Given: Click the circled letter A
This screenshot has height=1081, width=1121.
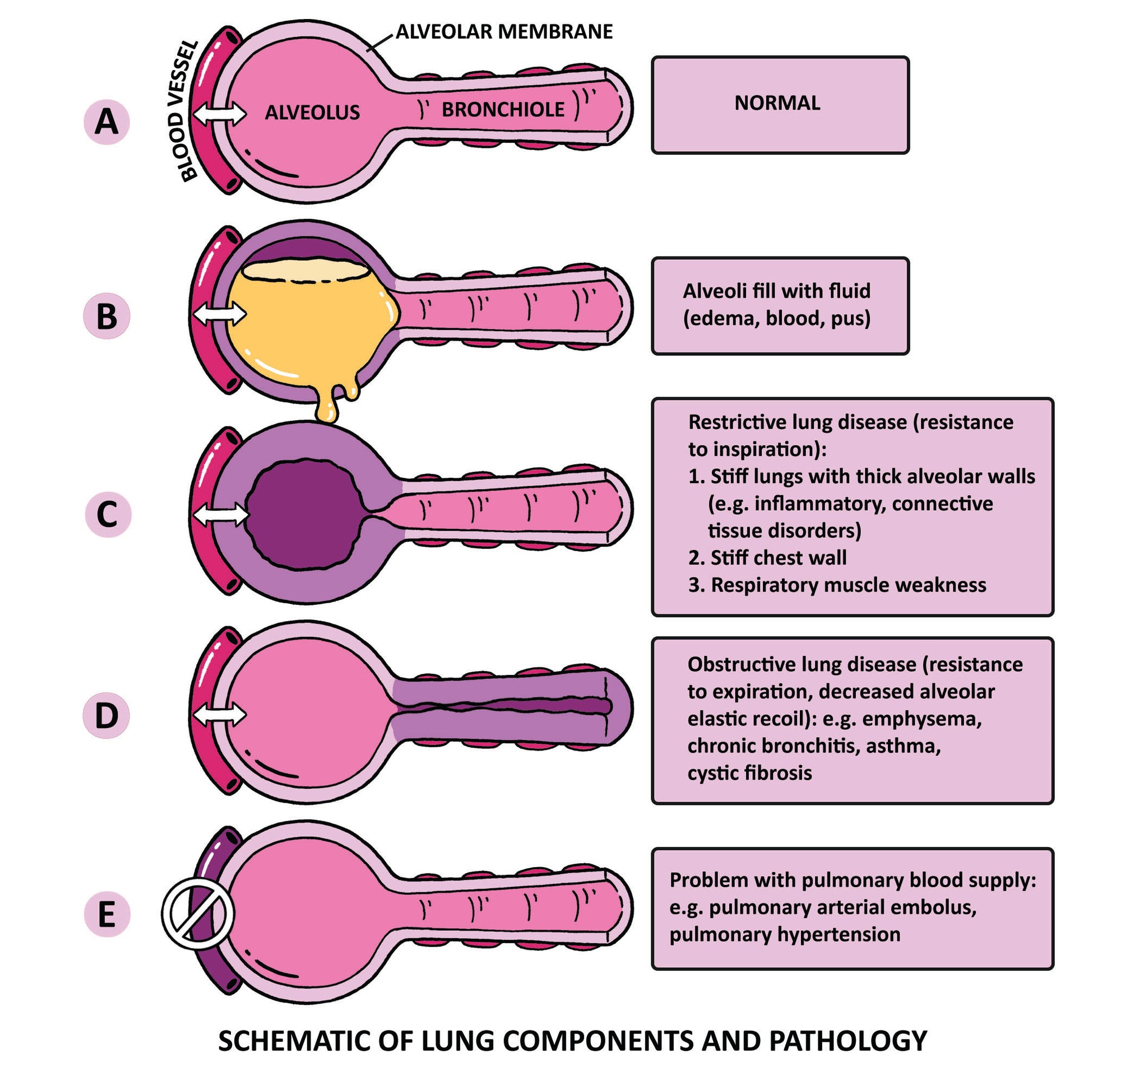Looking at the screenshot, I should coord(106,122).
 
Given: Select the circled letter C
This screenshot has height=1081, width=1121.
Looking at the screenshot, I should coord(108,515).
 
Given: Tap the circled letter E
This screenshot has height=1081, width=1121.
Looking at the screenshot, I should coord(107,915).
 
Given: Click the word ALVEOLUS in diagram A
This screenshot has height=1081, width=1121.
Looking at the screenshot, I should coord(312,113).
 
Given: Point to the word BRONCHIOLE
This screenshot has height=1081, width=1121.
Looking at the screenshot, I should coord(503,110).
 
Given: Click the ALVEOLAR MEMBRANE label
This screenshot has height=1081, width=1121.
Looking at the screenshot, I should coord(504,32).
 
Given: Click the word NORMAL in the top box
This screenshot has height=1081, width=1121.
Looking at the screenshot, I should coord(777,104).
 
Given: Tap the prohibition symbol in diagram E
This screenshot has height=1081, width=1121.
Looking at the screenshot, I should coord(197,914).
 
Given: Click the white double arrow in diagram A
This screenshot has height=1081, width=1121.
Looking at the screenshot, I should coord(219,115).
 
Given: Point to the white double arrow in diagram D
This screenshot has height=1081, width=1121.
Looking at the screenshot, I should coord(219,715).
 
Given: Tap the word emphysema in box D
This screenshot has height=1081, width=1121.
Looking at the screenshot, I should coord(921,719).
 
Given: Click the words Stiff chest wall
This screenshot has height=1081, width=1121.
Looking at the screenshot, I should coord(778,558).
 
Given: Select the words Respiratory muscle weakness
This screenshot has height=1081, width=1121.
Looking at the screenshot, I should coord(848,585).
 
